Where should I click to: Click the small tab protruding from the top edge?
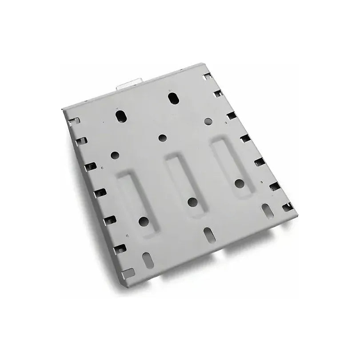(129, 83)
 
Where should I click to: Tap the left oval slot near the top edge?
(120, 115)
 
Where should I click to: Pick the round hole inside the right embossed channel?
(239, 182)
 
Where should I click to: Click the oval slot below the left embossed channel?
(145, 258)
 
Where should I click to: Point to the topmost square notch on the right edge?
(207, 77)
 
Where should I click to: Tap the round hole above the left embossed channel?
(115, 156)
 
